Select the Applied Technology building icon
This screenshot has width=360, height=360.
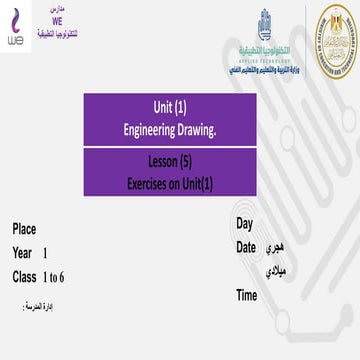pyautogui.click(x=265, y=21)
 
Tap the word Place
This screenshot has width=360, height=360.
pyautogui.click(x=24, y=229)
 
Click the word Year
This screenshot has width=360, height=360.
pyautogui.click(x=23, y=253)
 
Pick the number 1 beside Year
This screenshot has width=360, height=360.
pyautogui.click(x=45, y=253)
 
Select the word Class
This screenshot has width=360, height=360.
pyautogui.click(x=25, y=277)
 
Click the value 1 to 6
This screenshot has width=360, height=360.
pyautogui.click(x=54, y=277)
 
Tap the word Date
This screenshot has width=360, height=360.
pyautogui.click(x=246, y=246)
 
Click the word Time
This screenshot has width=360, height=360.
pyautogui.click(x=247, y=295)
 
